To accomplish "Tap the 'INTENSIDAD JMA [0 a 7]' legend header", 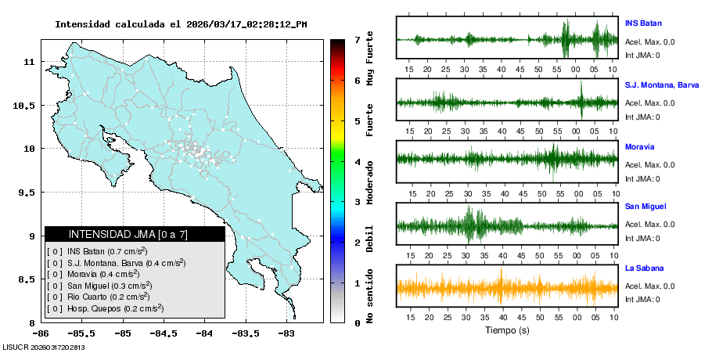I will click(x=134, y=234).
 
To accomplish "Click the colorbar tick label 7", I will click(x=357, y=39).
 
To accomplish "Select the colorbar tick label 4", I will click(x=357, y=161).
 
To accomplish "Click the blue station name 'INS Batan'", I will click(x=643, y=23).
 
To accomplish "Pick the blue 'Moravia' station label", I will click(x=639, y=146).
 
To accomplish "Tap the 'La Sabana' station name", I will click(x=643, y=268).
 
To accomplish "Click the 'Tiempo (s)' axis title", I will click(x=507, y=330).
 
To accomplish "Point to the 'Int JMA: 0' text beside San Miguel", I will click(x=642, y=238).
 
